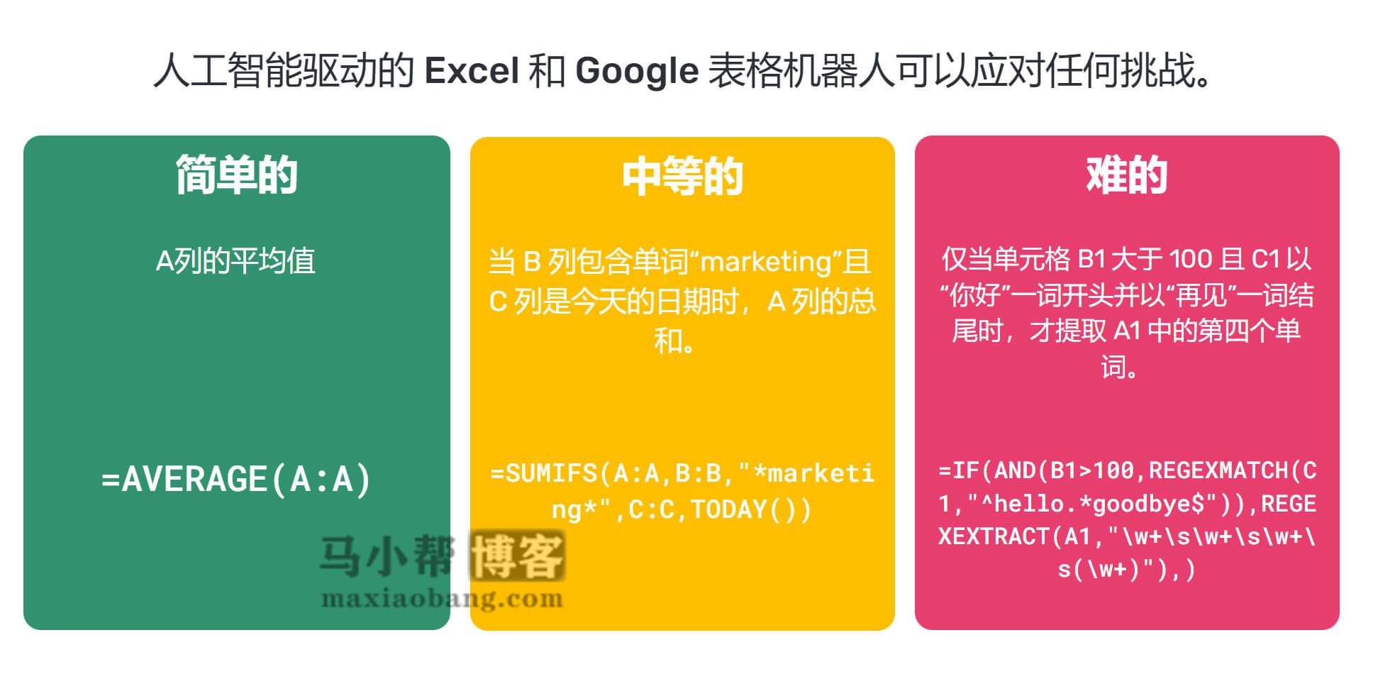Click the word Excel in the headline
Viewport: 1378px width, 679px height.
tap(471, 71)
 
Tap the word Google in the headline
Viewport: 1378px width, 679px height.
tap(636, 71)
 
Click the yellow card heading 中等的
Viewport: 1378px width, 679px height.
tap(682, 177)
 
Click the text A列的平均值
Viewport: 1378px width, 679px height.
tap(235, 261)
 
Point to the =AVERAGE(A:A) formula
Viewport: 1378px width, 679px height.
tap(236, 479)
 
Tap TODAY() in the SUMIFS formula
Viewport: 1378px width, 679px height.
tap(750, 509)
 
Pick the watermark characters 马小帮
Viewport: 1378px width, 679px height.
tap(387, 556)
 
